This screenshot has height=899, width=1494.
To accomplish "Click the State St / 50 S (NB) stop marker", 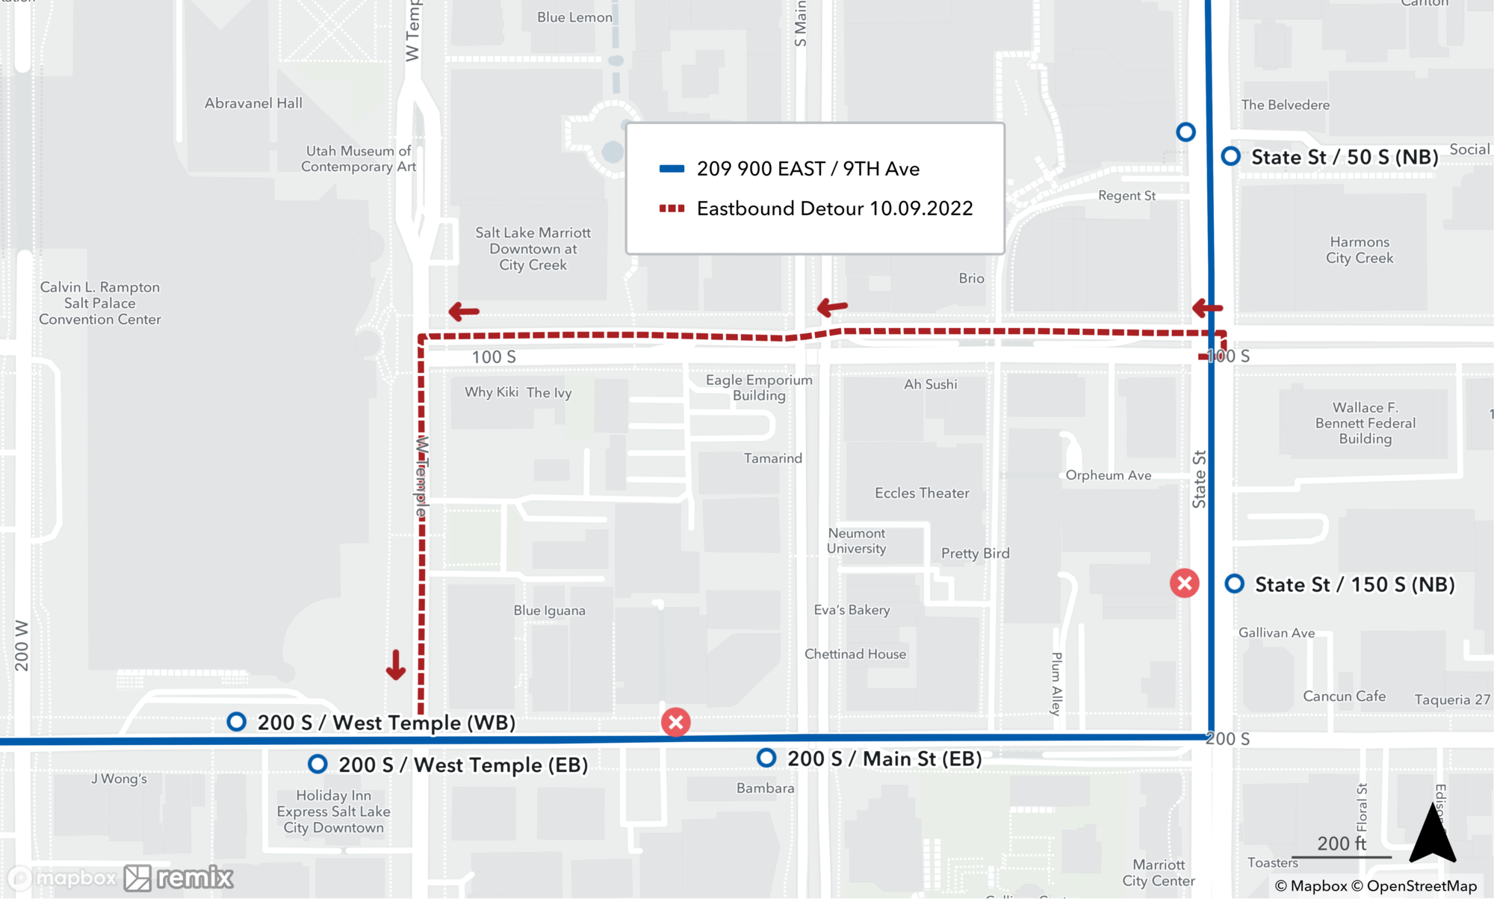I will point(1230,156).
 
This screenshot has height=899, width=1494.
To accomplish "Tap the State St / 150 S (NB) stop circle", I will point(1234,584).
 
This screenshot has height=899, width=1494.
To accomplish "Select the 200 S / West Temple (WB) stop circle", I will point(237,721).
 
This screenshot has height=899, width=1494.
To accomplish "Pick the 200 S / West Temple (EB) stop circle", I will point(317,764).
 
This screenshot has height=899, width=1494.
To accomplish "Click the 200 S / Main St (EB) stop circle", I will point(766,758).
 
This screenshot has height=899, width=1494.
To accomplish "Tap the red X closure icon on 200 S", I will point(675,722).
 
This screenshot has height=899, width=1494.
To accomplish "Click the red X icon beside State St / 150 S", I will point(1184,583).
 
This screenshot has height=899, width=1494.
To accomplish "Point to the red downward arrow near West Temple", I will point(395,664).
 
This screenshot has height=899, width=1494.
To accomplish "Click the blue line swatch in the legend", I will point(672,169).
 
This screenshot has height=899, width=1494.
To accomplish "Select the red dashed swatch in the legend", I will point(672,208).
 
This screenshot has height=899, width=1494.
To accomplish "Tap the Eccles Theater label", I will point(922,493).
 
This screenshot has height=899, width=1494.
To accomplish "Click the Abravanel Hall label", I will point(253,103).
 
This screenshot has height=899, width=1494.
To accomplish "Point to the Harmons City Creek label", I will point(1360,250).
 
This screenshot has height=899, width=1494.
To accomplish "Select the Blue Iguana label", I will point(549,611).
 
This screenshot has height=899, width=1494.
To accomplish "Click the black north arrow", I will point(1432,835).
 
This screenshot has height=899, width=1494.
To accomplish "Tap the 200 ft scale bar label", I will point(1342,844).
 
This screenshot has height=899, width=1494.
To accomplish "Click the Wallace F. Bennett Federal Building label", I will point(1365,423).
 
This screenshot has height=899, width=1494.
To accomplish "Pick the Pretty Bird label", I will point(975,554).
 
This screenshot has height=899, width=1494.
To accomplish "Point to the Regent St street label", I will point(1126,196).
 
